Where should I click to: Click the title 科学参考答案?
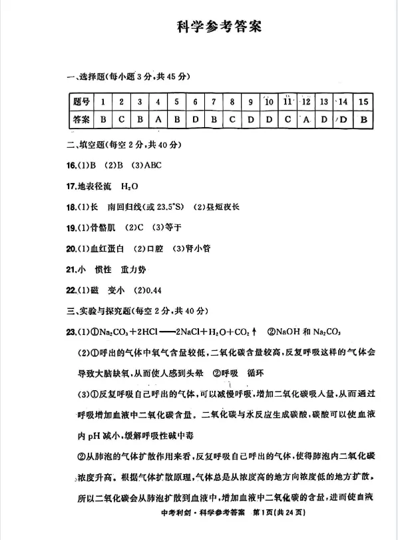point(219,27)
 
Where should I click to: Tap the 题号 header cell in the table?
point(81,102)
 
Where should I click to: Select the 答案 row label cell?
point(81,119)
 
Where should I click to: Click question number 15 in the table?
point(363,102)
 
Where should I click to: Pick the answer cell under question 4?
point(158,119)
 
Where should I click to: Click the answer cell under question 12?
point(306,119)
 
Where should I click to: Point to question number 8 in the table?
point(232,102)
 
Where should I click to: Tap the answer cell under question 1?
point(102,119)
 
